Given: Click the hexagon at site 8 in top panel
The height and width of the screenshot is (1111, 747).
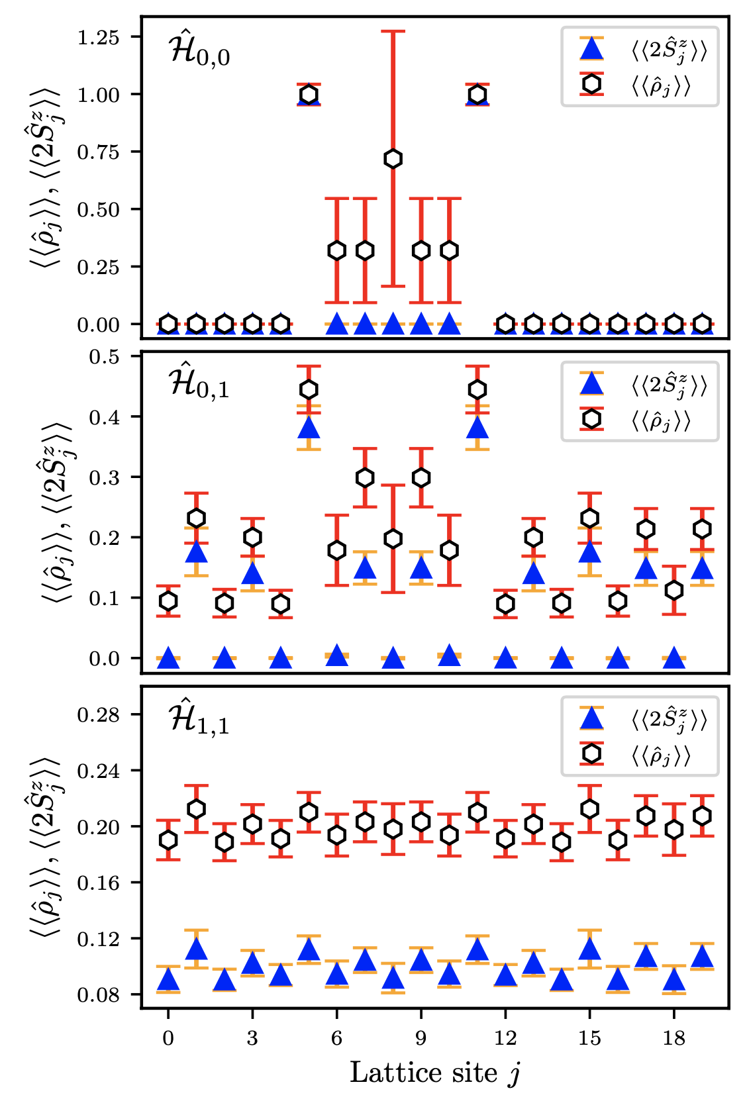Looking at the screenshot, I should pos(393,159).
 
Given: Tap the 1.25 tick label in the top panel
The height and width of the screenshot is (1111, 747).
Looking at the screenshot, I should pos(98,38).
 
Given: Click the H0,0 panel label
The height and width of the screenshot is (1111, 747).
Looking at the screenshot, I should pos(199,52).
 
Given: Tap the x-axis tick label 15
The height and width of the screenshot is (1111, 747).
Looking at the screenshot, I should pos(589,1038).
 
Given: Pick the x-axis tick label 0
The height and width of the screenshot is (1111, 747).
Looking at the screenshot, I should pos(168,1038).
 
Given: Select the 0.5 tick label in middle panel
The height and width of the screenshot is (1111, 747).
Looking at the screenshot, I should pos(104,357).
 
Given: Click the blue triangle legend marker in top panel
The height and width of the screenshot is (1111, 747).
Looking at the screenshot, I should pos(591,50).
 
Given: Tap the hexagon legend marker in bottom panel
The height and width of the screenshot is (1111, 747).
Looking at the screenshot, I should pos(591,754).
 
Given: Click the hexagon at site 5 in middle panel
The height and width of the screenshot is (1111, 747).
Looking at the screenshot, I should pos(309,389).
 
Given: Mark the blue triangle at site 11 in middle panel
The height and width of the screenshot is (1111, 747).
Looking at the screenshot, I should pos(477,428).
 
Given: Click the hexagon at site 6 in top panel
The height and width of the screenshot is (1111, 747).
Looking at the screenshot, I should pos(337,251).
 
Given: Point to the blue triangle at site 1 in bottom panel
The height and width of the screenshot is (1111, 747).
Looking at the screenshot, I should pos(196,949).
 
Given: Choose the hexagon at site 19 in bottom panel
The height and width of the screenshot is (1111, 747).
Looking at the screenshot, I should pos(702,816).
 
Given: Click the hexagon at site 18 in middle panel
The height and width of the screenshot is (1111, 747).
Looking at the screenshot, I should pos(674,590).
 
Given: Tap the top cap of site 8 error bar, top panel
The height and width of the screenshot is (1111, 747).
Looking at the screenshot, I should pos(393,31).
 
